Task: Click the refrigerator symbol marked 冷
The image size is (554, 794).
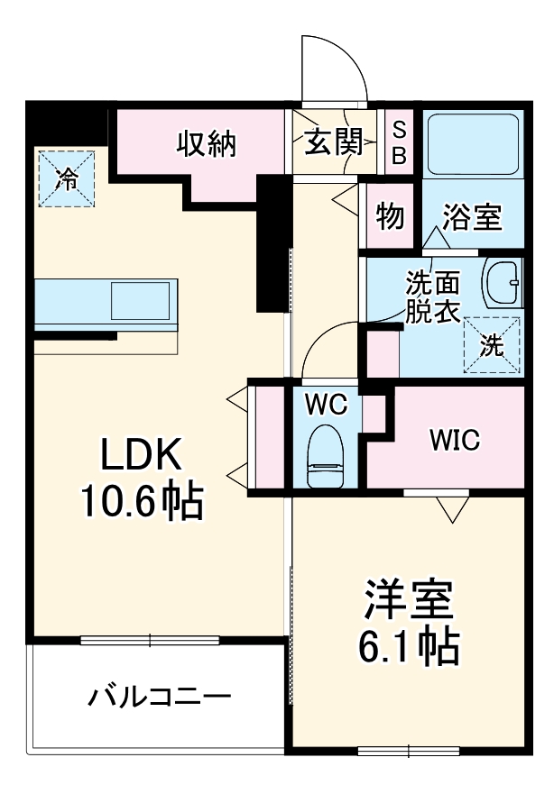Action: point(66,178)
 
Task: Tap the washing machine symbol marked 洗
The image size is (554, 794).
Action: point(493,346)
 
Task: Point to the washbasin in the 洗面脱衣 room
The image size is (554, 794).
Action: point(503,284)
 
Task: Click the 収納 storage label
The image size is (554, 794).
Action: point(206,143)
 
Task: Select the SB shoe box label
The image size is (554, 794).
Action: point(398,143)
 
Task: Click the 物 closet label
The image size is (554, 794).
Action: point(390,216)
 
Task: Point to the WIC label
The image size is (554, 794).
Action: point(454,441)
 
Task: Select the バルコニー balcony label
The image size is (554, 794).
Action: point(160,698)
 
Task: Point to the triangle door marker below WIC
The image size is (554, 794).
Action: point(452,509)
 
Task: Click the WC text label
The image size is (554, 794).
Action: point(325,405)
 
